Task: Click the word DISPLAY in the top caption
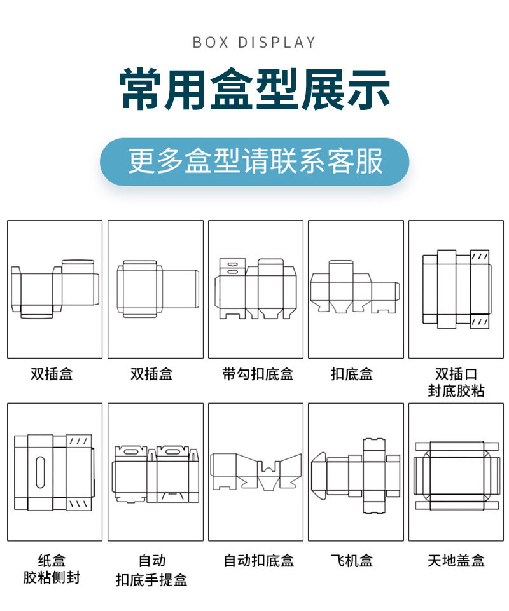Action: pyautogui.click(x=277, y=43)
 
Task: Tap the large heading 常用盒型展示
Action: pyautogui.click(x=254, y=90)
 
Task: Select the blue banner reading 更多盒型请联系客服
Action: pyautogui.click(x=254, y=161)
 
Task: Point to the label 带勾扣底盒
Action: pyautogui.click(x=257, y=374)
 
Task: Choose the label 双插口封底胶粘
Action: pyautogui.click(x=456, y=382)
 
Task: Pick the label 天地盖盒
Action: pyautogui.click(x=456, y=561)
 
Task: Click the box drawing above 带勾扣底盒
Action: pyautogui.click(x=256, y=289)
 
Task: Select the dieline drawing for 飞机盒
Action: pyautogui.click(x=356, y=476)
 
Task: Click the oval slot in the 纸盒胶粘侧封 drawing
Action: pyautogui.click(x=41, y=472)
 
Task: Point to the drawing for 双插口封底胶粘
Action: pyautogui.click(x=456, y=289)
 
